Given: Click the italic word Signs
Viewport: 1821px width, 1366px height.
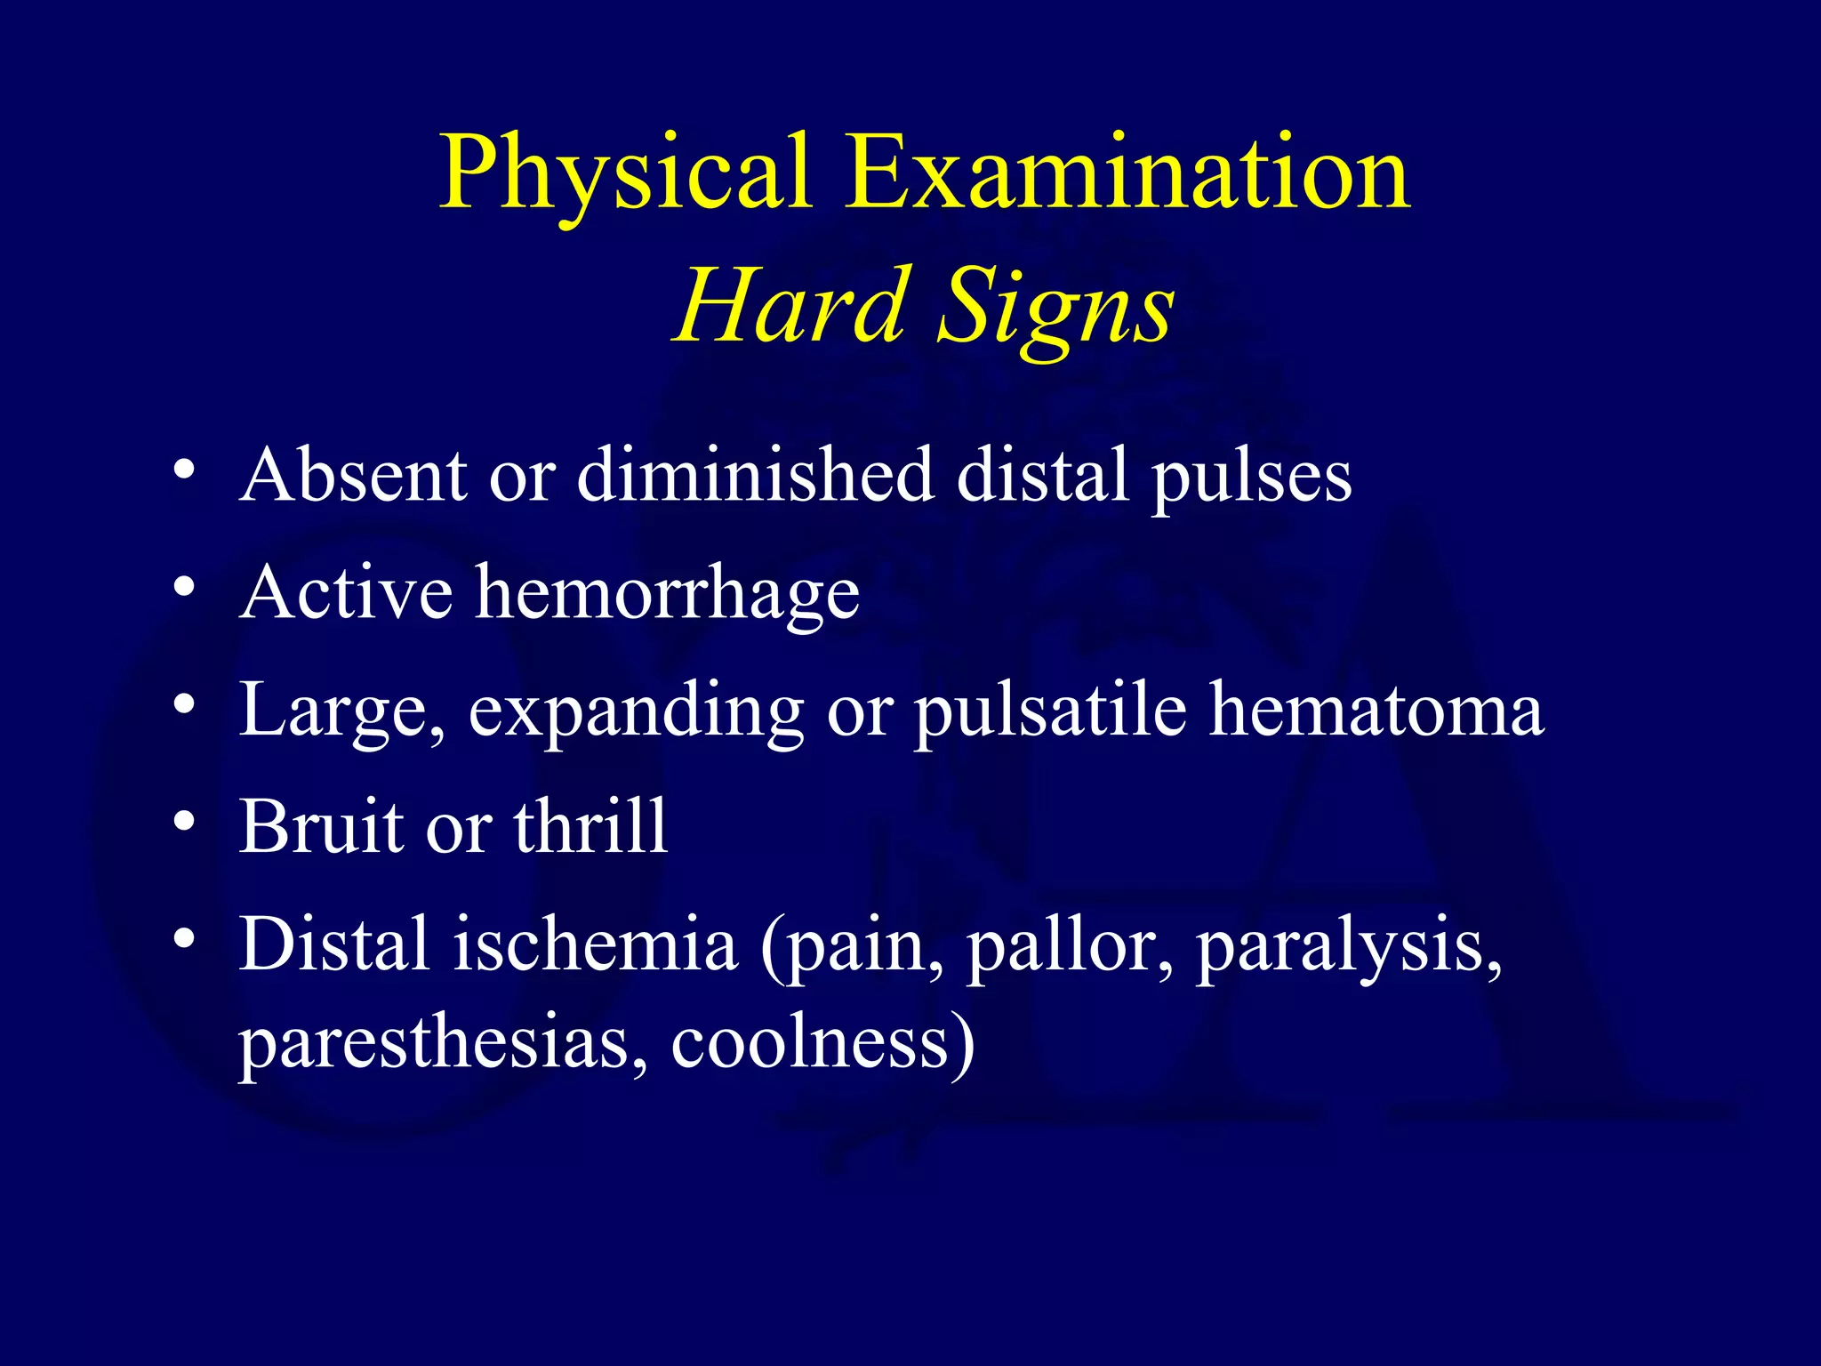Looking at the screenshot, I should tap(1056, 307).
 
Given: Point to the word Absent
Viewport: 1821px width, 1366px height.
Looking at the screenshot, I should tap(352, 476).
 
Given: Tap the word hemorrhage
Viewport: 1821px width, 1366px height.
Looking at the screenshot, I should tap(668, 594).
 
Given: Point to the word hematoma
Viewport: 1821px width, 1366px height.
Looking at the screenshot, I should tap(1376, 711).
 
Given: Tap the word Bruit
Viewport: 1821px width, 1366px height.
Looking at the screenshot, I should tap(321, 826).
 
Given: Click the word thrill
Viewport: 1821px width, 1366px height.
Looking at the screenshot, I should tap(590, 826).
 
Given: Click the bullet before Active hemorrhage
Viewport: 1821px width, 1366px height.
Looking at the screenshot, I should tap(184, 587).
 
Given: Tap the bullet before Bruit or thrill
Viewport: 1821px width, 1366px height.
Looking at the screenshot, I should tap(184, 821).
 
